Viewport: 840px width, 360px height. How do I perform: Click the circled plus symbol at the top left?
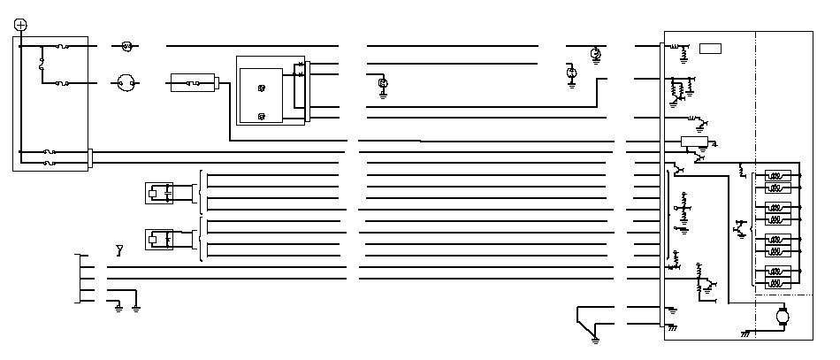pyautogui.click(x=21, y=24)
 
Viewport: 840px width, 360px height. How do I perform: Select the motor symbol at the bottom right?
pyautogui.click(x=781, y=316)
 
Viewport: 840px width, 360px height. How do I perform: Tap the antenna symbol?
pyautogui.click(x=119, y=250)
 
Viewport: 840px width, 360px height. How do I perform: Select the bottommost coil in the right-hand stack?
pyautogui.click(x=776, y=284)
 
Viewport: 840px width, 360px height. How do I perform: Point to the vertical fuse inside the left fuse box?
pyautogui.click(x=42, y=64)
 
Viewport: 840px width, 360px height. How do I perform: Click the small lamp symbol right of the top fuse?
pyautogui.click(x=126, y=45)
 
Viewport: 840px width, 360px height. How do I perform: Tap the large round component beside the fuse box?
pyautogui.click(x=125, y=84)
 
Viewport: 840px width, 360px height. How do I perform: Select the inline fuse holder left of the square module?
pyautogui.click(x=194, y=84)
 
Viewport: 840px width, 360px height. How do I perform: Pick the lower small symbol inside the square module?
pyautogui.click(x=261, y=116)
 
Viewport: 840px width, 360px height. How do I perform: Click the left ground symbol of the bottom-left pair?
pyautogui.click(x=118, y=307)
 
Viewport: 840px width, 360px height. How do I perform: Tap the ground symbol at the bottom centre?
pyautogui.click(x=595, y=337)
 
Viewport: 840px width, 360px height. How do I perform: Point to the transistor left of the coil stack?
pyautogui.click(x=739, y=231)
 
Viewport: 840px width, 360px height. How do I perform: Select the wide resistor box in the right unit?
pyautogui.click(x=692, y=141)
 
